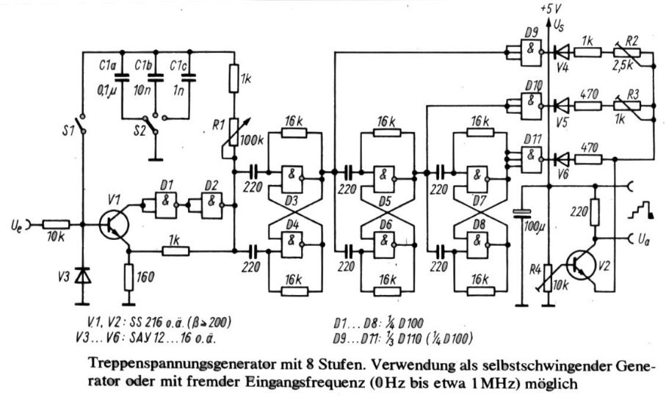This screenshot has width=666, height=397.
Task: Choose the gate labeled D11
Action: (531, 156)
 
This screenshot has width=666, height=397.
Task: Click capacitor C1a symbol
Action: (122, 75)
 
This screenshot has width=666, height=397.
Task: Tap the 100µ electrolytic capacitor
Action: (520, 213)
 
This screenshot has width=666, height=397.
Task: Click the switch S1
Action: (84, 128)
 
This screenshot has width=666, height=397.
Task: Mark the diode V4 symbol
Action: (562, 52)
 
